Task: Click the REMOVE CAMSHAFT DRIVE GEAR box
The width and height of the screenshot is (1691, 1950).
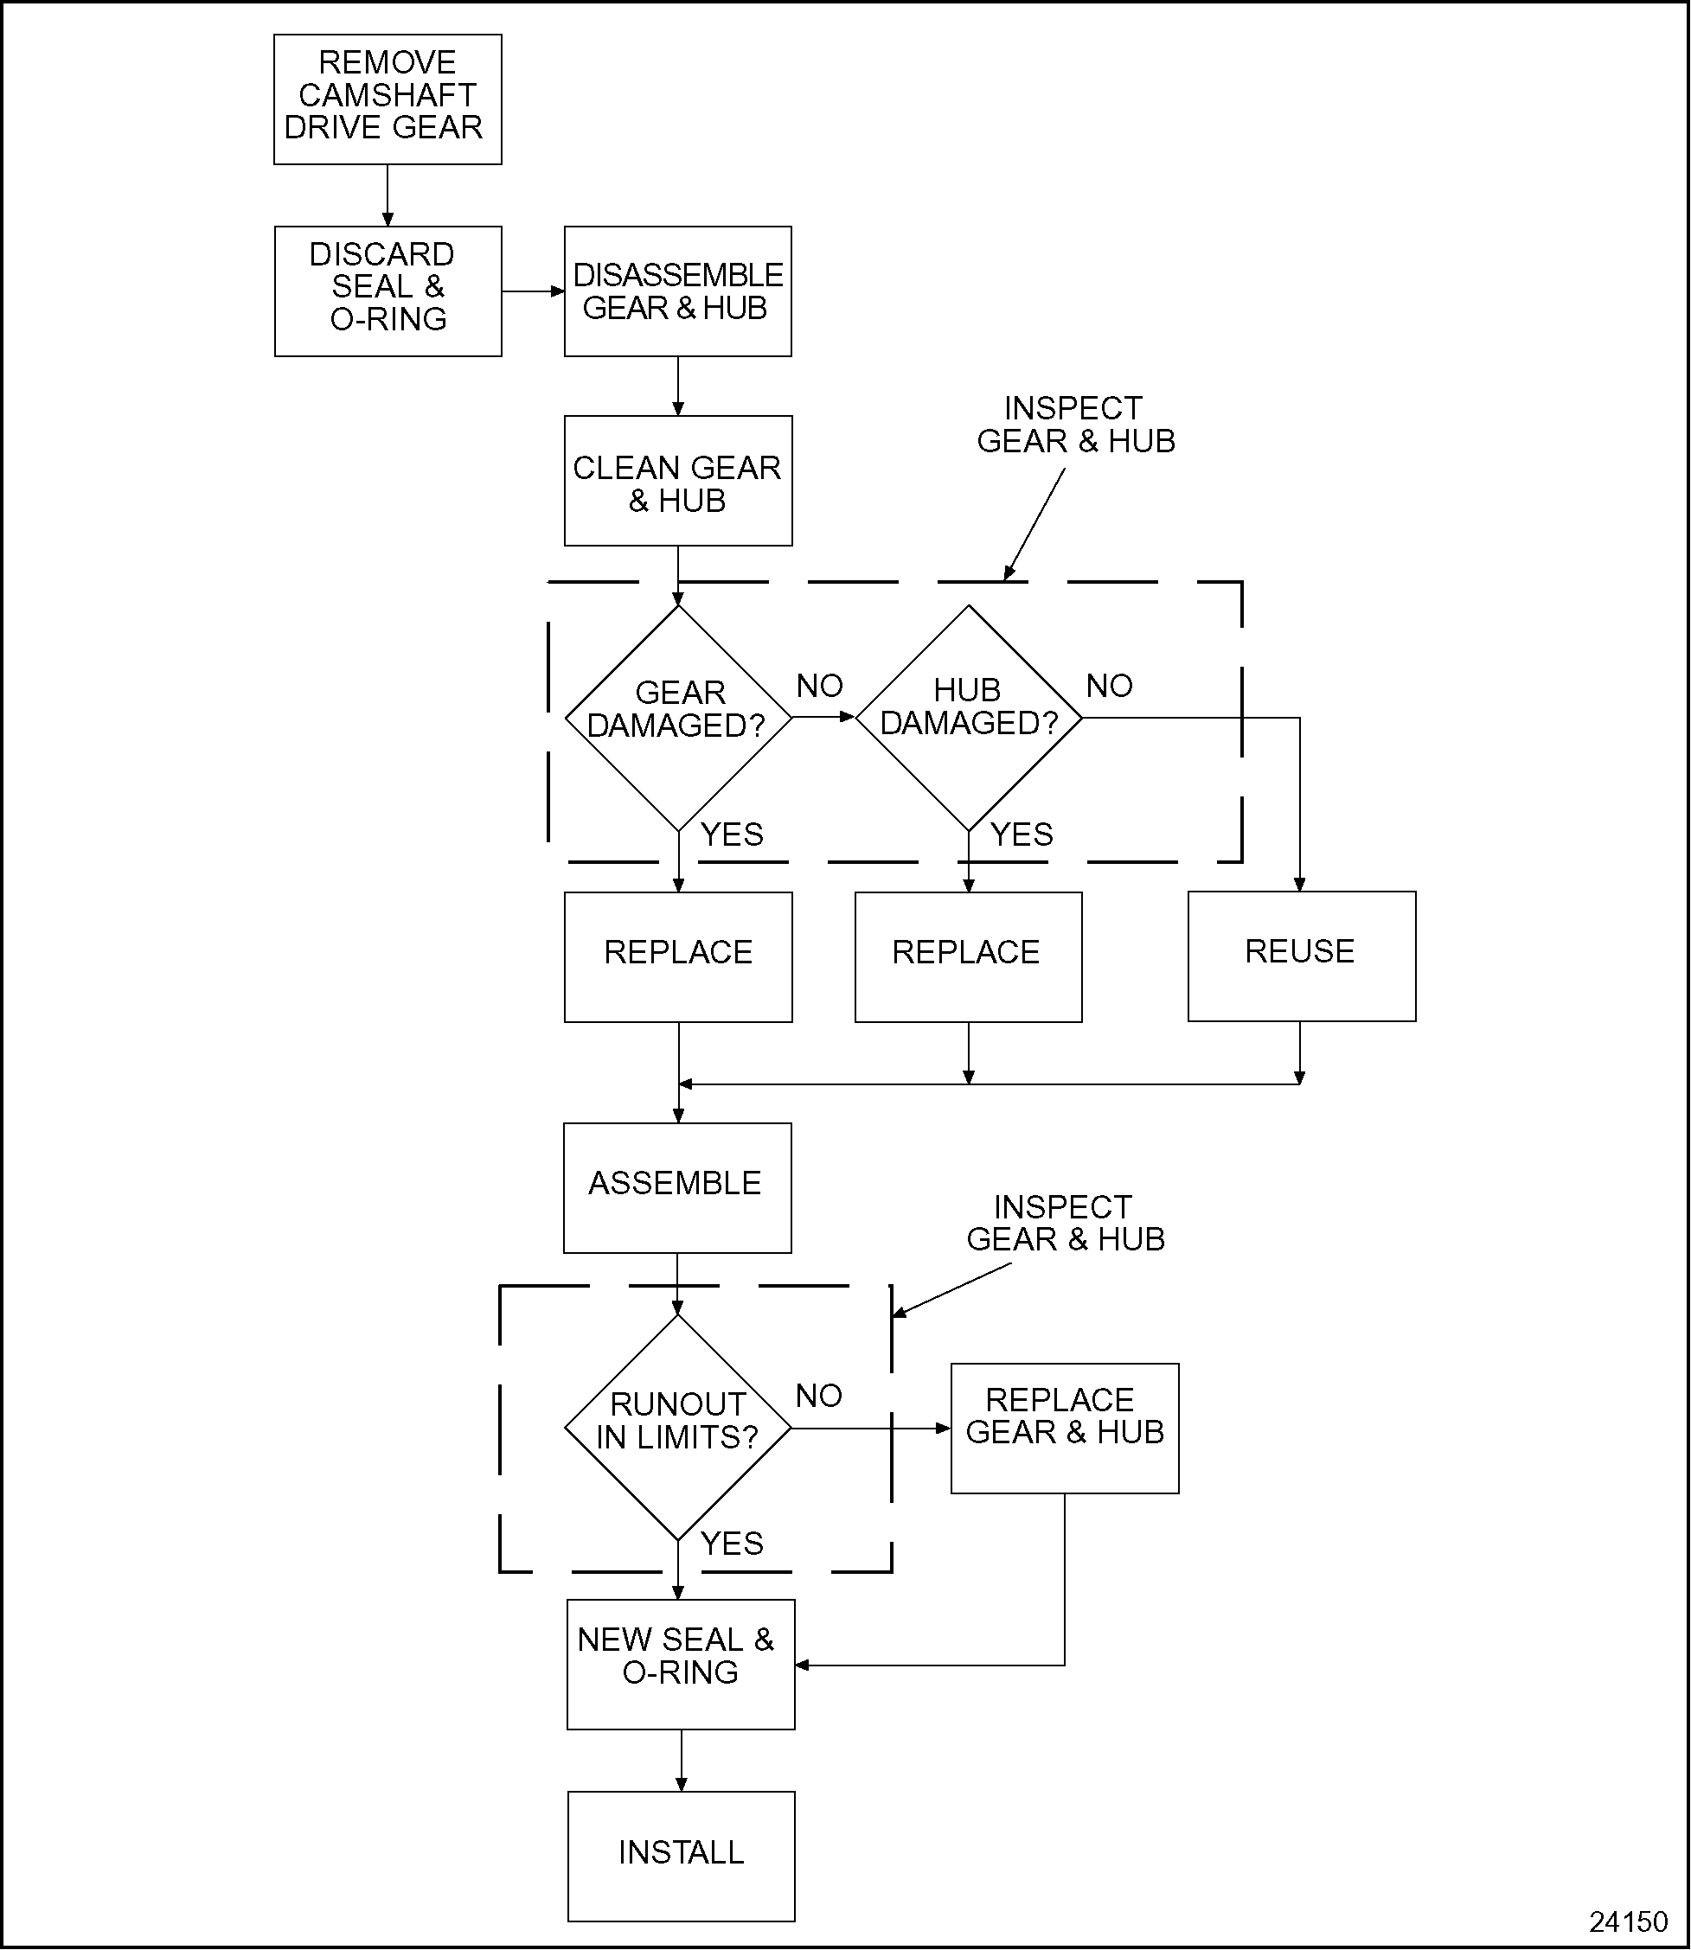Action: pyautogui.click(x=387, y=99)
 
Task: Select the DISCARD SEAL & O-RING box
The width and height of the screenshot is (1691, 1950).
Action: pyautogui.click(x=387, y=291)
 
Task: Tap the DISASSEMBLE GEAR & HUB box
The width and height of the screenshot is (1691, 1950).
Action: pyautogui.click(x=677, y=291)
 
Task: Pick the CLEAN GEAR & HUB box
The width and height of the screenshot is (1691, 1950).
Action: pyautogui.click(x=677, y=481)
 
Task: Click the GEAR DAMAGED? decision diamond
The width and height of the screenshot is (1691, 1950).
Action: pyautogui.click(x=677, y=718)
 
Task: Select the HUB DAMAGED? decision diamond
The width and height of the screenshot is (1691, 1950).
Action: pyautogui.click(x=968, y=718)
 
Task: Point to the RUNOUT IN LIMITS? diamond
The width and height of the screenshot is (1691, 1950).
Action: pyautogui.click(x=677, y=1429)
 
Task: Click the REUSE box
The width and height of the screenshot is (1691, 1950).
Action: pyautogui.click(x=1301, y=956)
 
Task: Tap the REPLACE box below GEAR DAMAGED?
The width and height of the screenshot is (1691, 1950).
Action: pyautogui.click(x=677, y=956)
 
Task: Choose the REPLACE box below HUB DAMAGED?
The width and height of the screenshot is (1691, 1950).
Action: pyautogui.click(x=968, y=956)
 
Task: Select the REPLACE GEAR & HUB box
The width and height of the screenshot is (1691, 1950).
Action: pyautogui.click(x=1065, y=1429)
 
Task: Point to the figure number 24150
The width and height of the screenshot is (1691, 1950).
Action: pyautogui.click(x=1629, y=1921)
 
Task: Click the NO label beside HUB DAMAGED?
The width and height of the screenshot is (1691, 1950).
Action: pyautogui.click(x=1109, y=686)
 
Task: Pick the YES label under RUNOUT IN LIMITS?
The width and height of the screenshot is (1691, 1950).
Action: pyautogui.click(x=731, y=1544)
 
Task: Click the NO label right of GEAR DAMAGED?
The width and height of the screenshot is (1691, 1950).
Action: pyautogui.click(x=819, y=686)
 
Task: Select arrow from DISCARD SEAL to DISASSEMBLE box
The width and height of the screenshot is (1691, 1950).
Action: pyautogui.click(x=532, y=291)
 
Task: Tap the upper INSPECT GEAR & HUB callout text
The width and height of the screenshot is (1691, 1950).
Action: pyautogui.click(x=1076, y=425)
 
